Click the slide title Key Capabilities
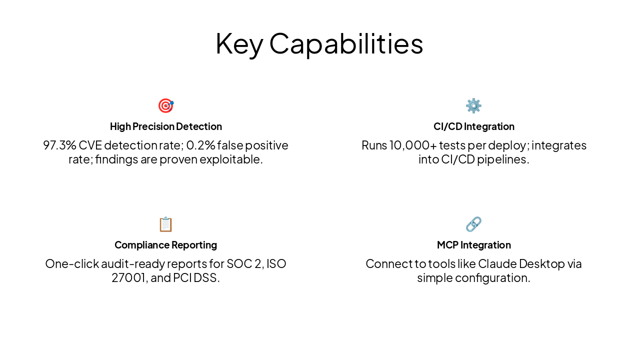[319, 43]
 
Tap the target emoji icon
[165, 105]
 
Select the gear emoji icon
[473, 105]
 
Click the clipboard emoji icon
[165, 224]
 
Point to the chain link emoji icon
[473, 224]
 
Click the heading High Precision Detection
[165, 126]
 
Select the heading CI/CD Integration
[473, 126]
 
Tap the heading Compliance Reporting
[165, 245]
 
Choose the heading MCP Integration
[473, 245]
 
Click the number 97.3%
[59, 145]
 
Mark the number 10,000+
[412, 145]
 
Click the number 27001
[128, 278]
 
